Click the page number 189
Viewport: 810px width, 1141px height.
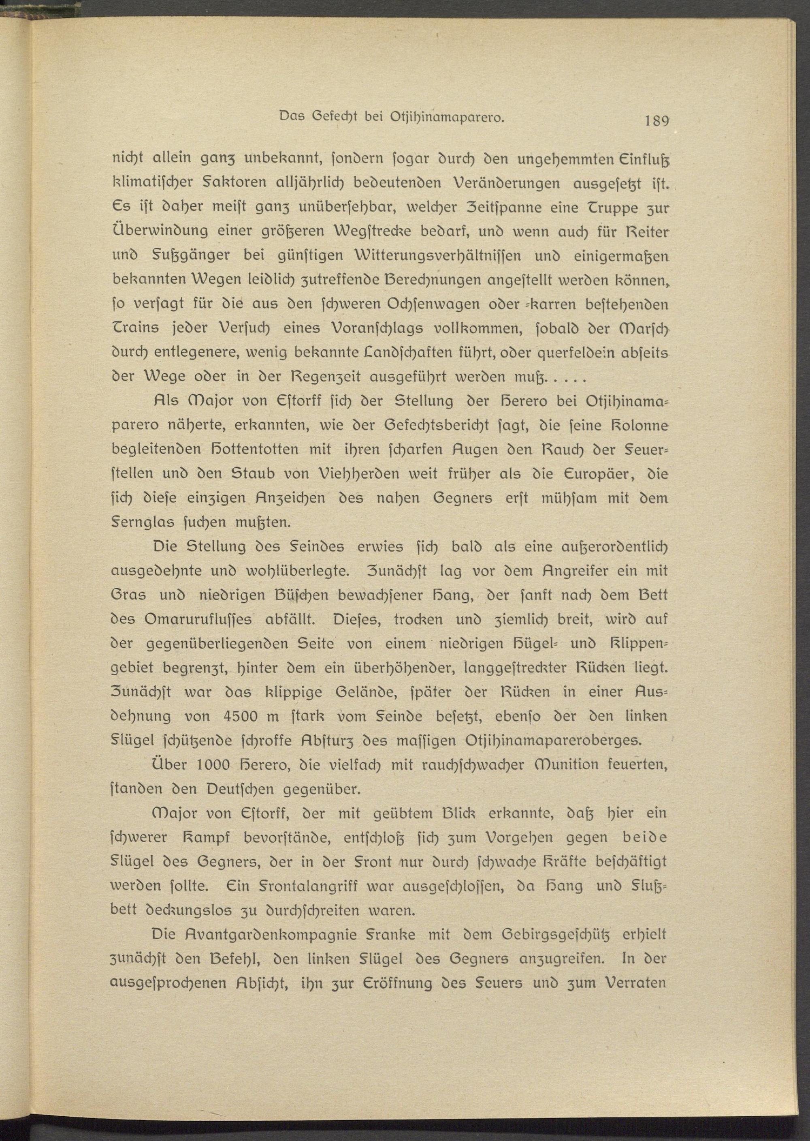(x=657, y=135)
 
